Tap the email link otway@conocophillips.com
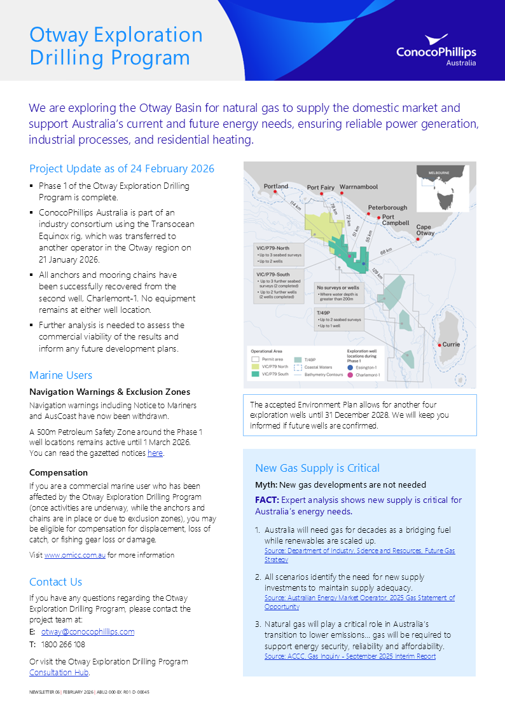point(88,631)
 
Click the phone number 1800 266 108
point(63,644)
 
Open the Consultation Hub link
point(59,672)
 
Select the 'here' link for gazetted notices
point(155,453)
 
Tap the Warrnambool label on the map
point(359,187)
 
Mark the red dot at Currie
point(438,345)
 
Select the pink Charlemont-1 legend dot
point(350,375)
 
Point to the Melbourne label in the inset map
point(439,172)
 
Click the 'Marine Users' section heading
point(60,375)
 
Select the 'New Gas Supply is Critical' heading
point(317,468)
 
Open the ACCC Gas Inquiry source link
point(350,656)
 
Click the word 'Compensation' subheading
point(59,472)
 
